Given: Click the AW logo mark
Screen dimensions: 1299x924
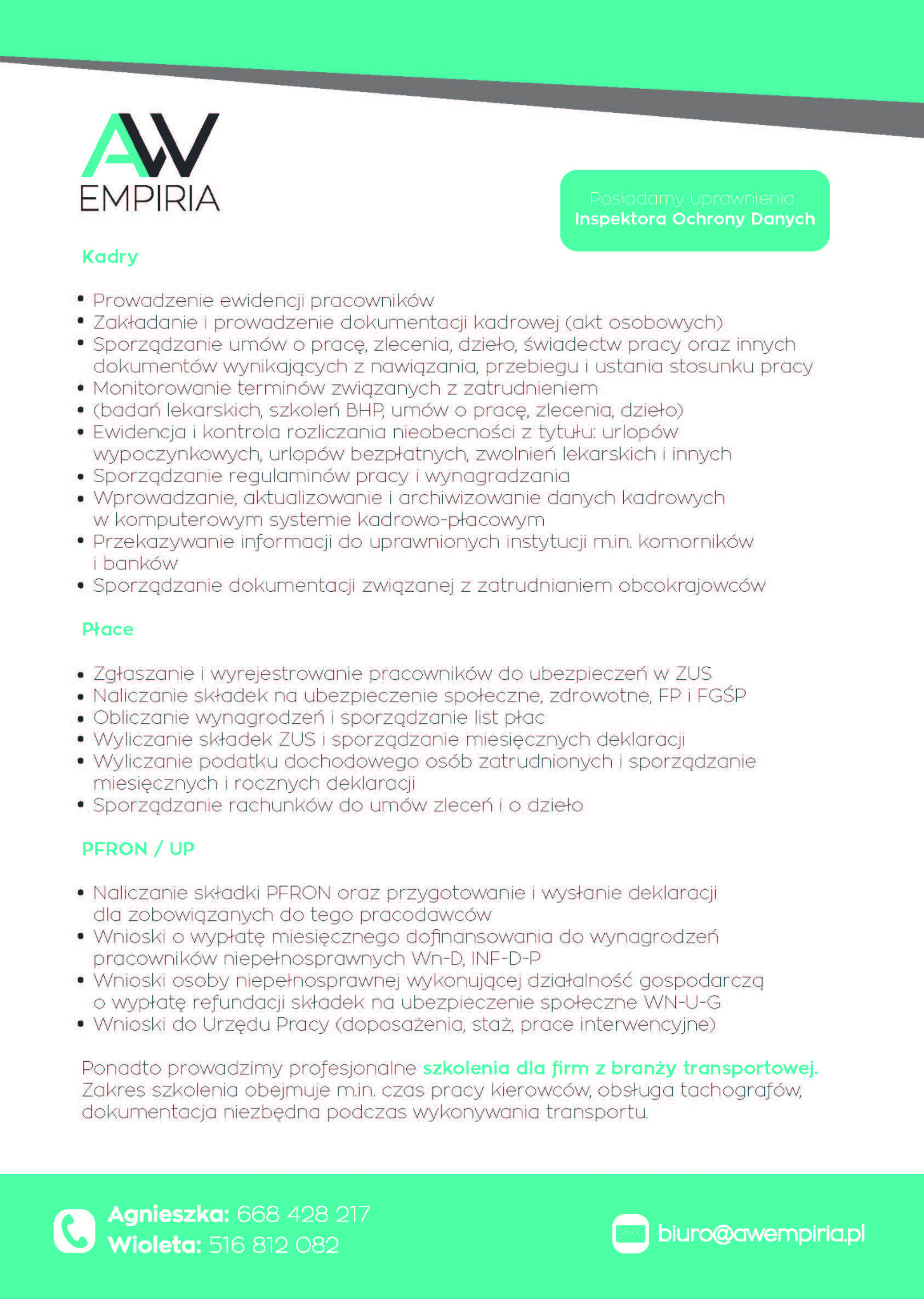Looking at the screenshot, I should coord(150,145).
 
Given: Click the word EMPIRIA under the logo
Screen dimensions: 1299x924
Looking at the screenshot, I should coord(150,199).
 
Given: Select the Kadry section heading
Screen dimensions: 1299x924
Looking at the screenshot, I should coord(110,257).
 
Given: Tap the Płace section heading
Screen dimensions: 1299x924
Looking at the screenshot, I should coord(108,629).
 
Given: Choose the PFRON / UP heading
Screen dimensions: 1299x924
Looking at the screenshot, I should coord(138,849).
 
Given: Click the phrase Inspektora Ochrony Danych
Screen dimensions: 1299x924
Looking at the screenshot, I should coord(694,219).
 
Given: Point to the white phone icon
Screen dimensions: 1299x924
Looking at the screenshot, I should coord(74,1230).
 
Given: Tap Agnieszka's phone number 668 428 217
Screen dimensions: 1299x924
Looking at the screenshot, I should coord(303,1214).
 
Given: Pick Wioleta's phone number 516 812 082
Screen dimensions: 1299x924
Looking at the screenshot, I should coord(274,1245).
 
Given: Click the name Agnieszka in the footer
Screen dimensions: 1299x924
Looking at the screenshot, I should coord(168,1214).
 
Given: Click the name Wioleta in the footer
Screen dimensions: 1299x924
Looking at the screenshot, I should coord(154,1245).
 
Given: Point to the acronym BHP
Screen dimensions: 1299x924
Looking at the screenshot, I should coord(364,410).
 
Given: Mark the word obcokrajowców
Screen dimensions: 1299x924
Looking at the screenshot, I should coord(692,585).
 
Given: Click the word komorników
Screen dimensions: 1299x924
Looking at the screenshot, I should coord(696,542).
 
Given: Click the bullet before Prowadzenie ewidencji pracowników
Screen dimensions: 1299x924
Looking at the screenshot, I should coord(81,299).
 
